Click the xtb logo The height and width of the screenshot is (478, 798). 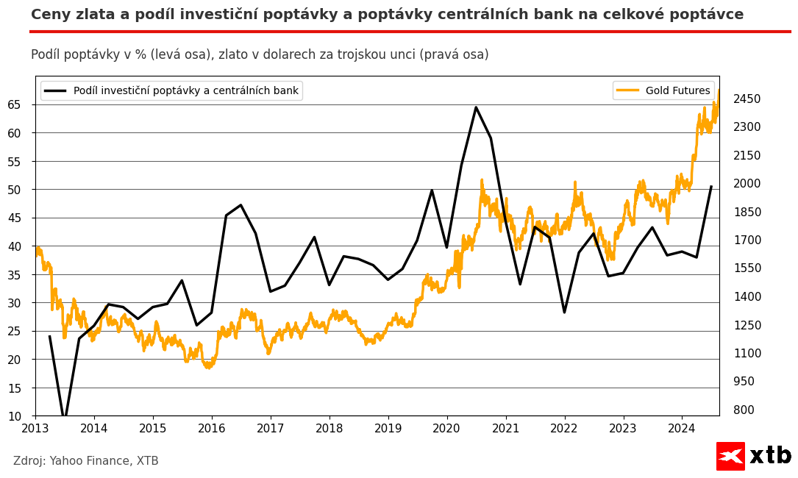coord(753,456)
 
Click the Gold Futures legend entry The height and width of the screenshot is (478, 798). coord(663,91)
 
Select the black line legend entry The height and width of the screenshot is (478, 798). coord(171,91)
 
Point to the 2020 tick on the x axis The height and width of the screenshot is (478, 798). coord(447,428)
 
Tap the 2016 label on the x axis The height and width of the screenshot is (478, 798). coord(212,428)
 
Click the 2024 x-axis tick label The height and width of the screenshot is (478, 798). coord(682,428)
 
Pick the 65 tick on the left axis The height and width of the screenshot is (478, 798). coord(15,105)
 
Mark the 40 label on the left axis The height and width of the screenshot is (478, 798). coord(15,246)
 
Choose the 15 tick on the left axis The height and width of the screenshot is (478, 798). coord(15,388)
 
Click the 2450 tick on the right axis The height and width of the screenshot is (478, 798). coord(747,99)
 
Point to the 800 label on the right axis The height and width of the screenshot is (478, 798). coord(744,410)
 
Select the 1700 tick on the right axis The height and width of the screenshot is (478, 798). coord(747,240)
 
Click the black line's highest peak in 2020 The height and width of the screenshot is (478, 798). coord(476,107)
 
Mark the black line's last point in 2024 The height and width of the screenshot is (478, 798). coord(711,187)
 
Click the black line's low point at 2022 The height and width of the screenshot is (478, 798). coord(564,313)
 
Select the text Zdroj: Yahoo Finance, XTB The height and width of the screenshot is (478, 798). coord(86,461)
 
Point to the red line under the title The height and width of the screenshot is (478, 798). coord(410,32)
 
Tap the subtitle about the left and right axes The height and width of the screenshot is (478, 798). coord(260,55)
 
